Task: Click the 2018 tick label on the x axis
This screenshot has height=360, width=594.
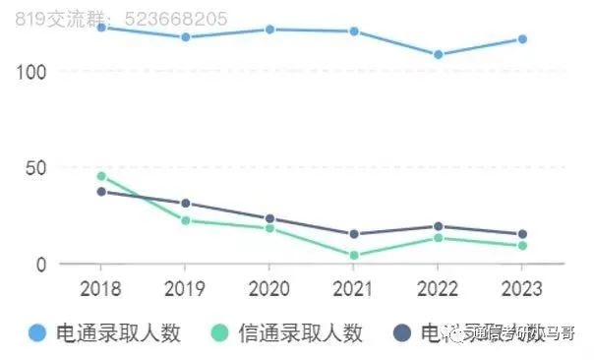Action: pos(100,290)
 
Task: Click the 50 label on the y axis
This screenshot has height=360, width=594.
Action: pos(35,168)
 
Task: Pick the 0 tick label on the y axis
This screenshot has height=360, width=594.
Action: pos(40,265)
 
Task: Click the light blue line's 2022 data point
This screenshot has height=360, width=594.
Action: pos(438,55)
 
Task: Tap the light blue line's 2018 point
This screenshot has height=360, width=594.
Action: pos(101,28)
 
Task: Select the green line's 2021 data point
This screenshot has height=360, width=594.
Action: pos(354,256)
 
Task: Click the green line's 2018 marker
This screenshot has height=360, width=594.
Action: pos(101,176)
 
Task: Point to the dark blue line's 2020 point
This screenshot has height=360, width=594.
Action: pos(269,219)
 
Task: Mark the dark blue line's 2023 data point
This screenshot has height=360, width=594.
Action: pos(522,234)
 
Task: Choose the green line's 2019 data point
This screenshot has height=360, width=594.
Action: pos(185,220)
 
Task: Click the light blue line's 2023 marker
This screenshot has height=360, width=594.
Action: pos(522,39)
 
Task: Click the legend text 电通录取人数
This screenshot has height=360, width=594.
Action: pos(119,333)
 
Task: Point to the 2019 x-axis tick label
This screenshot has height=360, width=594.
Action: pos(185,290)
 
